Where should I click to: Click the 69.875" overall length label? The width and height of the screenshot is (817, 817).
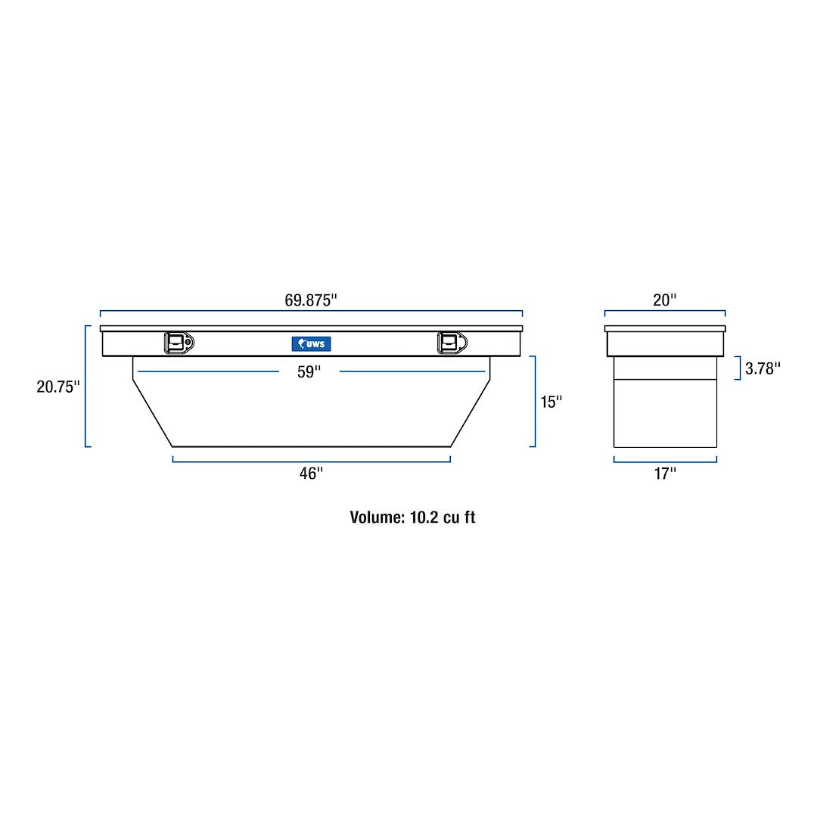(x=310, y=300)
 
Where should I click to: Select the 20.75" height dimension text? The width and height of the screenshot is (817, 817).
(x=57, y=387)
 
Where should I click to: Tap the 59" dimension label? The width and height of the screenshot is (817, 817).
(x=309, y=372)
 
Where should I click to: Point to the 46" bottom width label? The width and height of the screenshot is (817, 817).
(x=311, y=474)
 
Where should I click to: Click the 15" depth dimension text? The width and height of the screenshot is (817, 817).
(x=551, y=402)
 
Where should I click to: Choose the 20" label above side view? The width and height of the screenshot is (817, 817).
(x=664, y=300)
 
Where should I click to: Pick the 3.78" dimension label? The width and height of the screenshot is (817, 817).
(x=763, y=368)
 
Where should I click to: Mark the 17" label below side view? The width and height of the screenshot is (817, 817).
(x=665, y=474)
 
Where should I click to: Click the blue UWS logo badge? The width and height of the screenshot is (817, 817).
(x=311, y=344)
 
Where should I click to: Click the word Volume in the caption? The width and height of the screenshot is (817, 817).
(x=376, y=517)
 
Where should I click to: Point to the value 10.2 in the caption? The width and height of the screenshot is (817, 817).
(x=422, y=517)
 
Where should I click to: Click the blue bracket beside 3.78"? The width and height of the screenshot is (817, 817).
(x=738, y=368)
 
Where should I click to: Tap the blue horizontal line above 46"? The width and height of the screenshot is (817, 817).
(x=311, y=460)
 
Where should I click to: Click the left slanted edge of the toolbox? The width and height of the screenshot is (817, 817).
(x=152, y=412)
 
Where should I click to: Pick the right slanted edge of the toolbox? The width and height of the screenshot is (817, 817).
(x=471, y=412)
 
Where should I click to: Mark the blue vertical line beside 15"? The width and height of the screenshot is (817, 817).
(x=535, y=402)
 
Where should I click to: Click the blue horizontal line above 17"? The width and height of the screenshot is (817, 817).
(x=665, y=461)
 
